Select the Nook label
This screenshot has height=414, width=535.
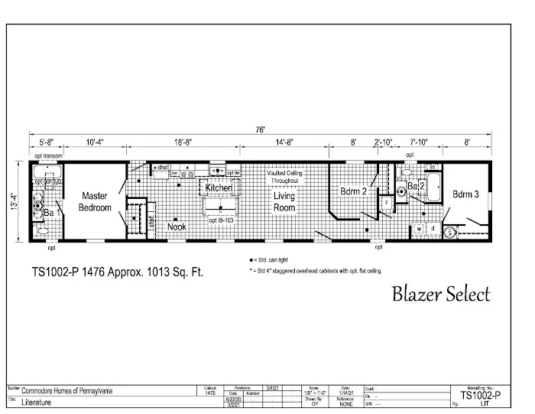(177, 227)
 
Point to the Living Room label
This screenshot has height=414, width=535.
(284, 201)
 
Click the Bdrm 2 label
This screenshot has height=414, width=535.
(354, 191)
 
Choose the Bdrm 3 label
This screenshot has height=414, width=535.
(465, 194)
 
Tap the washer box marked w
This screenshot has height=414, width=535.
(420, 228)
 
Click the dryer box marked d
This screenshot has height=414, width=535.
(433, 228)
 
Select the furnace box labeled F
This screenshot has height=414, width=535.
(387, 202)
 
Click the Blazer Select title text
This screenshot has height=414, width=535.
(440, 294)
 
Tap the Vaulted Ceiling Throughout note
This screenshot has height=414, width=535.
(284, 178)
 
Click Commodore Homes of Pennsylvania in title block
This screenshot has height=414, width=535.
(66, 390)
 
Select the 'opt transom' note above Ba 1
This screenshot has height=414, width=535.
(47, 155)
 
